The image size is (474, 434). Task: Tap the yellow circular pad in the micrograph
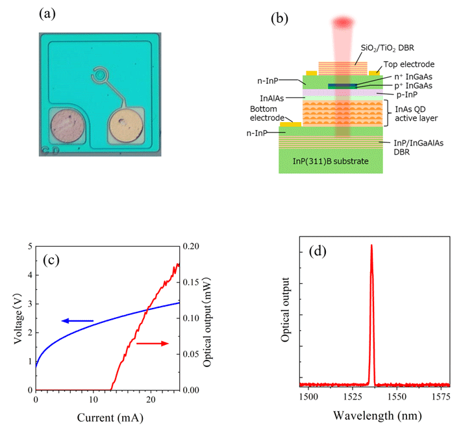(x=126, y=126)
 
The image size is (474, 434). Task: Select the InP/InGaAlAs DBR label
(x=411, y=144)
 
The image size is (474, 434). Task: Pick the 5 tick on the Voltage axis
(x=30, y=246)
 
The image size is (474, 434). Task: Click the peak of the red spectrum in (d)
(x=371, y=246)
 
